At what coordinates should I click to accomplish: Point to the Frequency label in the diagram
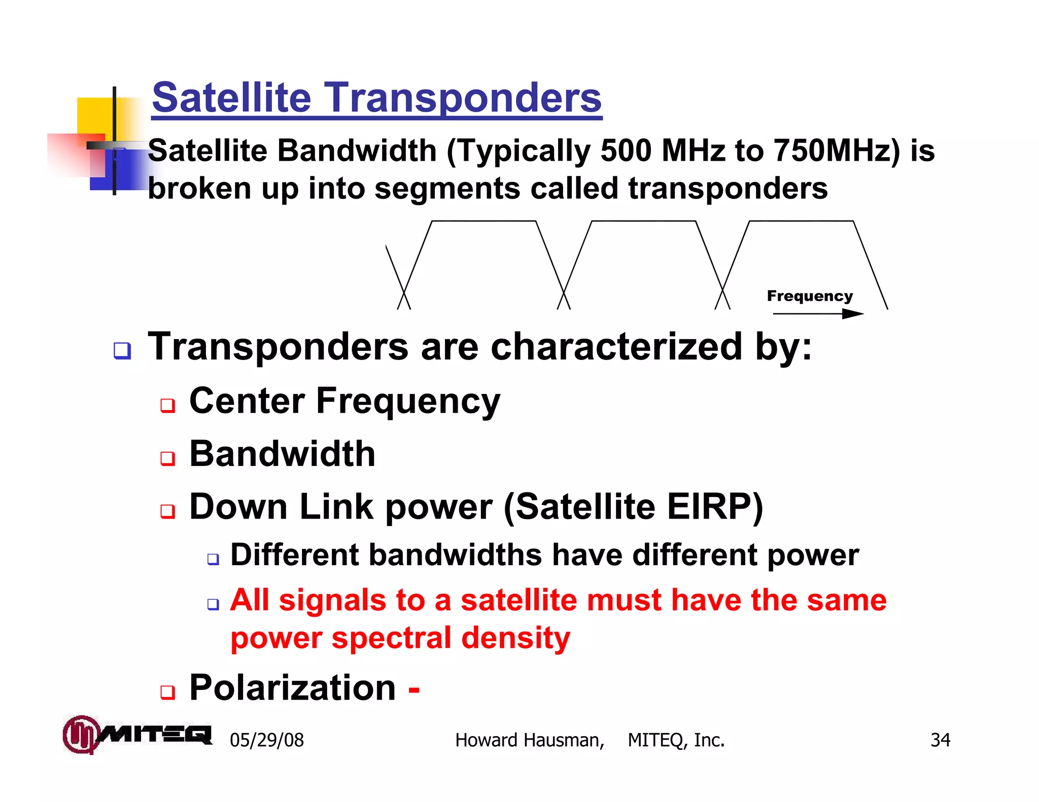[x=810, y=296]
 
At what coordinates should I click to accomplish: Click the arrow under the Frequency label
[x=818, y=314]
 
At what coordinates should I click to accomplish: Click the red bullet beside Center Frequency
[x=167, y=405]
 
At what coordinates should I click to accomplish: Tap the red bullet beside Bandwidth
[x=167, y=458]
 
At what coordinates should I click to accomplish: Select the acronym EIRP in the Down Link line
[x=708, y=506]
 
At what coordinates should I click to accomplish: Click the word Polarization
[x=292, y=688]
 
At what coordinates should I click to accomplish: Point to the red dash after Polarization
[x=414, y=689]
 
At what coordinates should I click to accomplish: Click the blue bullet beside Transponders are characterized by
[x=122, y=350]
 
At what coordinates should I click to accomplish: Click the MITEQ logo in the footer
[x=137, y=735]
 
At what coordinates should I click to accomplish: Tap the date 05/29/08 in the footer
[x=267, y=740]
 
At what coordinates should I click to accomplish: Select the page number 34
[x=940, y=740]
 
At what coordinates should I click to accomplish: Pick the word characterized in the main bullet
[x=616, y=347]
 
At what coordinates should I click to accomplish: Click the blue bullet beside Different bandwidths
[x=213, y=559]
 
